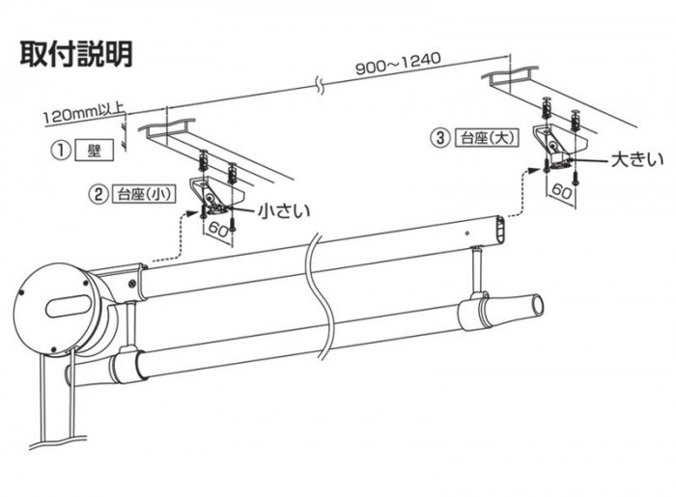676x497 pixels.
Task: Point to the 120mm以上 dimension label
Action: tap(81, 116)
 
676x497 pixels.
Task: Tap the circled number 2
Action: tap(98, 193)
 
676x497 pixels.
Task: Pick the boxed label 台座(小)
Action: tap(142, 193)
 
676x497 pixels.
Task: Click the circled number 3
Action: tap(441, 138)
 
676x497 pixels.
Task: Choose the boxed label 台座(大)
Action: tap(487, 138)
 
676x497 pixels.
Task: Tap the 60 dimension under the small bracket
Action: tap(217, 232)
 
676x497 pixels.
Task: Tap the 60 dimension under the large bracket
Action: tap(562, 190)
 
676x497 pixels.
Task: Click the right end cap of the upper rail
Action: tap(499, 230)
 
